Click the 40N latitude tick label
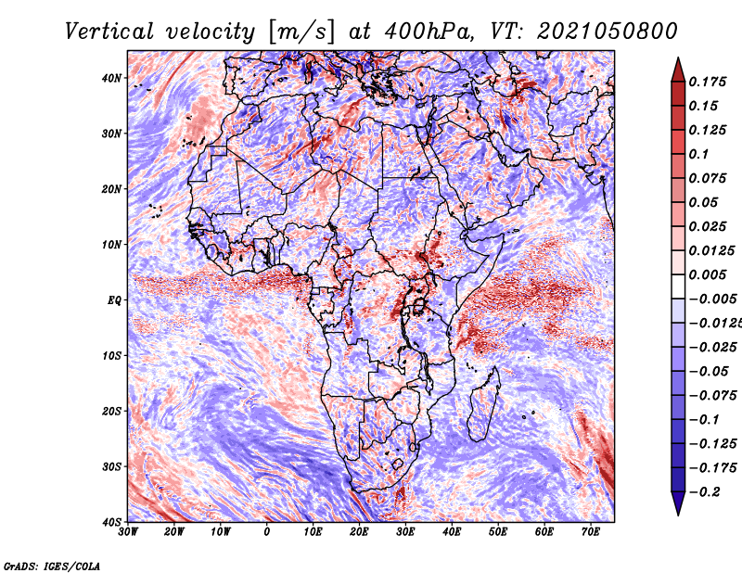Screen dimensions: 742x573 pos(111,78)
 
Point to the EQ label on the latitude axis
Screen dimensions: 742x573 pos(114,300)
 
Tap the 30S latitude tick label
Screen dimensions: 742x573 pos(111,466)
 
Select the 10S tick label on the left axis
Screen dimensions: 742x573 pos(111,355)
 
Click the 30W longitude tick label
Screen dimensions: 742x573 pos(128,532)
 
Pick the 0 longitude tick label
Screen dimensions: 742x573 pos(267,532)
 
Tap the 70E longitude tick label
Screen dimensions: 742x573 pos(590,532)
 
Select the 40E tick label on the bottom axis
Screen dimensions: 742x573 pos(452,532)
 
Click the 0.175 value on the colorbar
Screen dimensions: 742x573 pos(708,82)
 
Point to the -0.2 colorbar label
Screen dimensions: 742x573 pos(704,491)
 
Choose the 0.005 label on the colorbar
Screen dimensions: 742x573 pos(708,274)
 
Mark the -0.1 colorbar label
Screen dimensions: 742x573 pos(704,419)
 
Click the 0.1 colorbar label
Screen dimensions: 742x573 pos(699,154)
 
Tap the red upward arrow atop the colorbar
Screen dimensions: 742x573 pos(678,70)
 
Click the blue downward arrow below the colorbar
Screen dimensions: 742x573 pos(678,503)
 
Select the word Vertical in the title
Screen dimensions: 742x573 pos(109,32)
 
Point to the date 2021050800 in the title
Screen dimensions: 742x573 pos(608,32)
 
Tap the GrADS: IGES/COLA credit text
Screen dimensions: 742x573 pos(52,566)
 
